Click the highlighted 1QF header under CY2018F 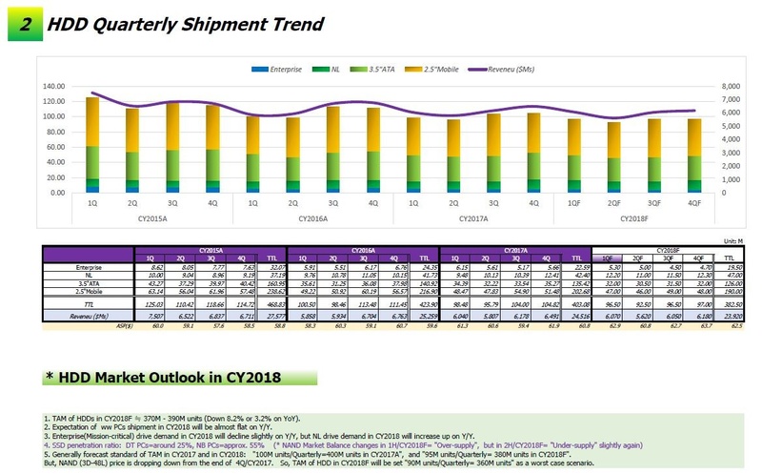click(606, 258)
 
